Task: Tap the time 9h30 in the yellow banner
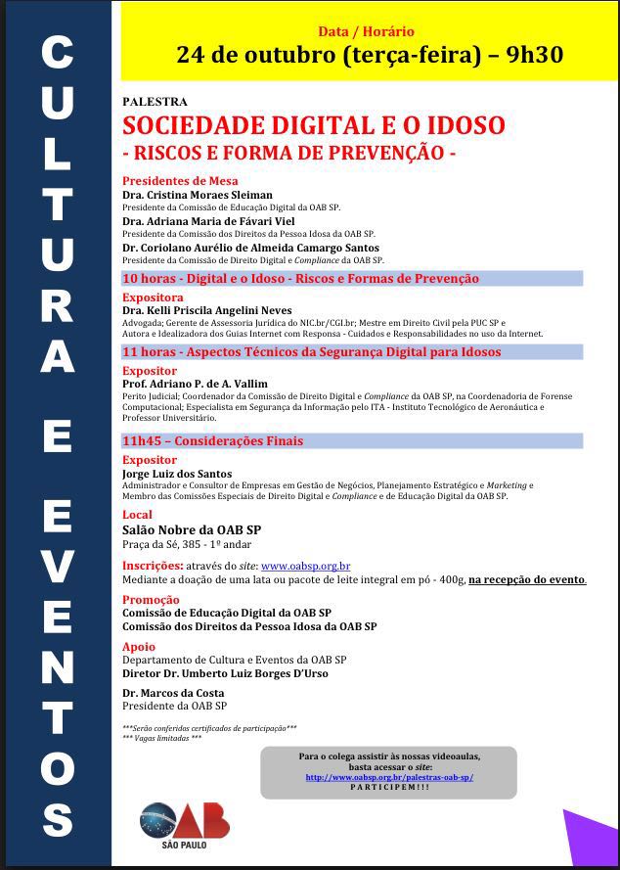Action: point(535,55)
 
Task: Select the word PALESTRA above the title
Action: point(155,102)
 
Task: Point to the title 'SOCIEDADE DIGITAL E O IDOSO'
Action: point(313,126)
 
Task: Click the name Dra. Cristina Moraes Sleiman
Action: point(198,195)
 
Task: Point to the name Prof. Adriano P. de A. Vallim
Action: point(195,384)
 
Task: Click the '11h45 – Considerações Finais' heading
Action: point(212,440)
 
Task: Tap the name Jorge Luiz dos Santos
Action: point(177,474)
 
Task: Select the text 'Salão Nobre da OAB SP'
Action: point(191,529)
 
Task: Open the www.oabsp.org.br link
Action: point(305,566)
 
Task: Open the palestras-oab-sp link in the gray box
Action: point(389,777)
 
